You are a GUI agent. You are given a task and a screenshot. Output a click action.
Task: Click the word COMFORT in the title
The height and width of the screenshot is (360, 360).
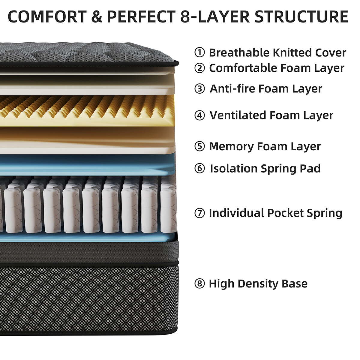coord(47,17)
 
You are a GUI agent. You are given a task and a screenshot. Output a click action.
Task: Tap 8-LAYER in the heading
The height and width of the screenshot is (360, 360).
coord(215,17)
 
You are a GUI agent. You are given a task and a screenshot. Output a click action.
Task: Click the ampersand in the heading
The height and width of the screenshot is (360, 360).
coord(96,17)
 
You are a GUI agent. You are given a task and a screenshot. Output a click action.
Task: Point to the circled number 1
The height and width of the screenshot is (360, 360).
coord(199,52)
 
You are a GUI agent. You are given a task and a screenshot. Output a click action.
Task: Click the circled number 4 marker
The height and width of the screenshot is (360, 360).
coord(199,115)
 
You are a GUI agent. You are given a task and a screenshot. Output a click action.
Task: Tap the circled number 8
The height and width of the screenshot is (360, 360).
coord(199,283)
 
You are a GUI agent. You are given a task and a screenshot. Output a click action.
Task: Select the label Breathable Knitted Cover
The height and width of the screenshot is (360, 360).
coord(277,52)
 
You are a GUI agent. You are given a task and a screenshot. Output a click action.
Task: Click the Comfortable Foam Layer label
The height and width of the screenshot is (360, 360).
coord(276,68)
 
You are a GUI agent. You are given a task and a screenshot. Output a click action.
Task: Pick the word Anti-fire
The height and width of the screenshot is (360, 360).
coord(232,88)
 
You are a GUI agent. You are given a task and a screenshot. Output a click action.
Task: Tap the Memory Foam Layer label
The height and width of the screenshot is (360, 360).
coord(265,146)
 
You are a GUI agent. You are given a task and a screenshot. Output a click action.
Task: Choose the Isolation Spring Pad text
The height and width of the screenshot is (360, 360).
coord(265,168)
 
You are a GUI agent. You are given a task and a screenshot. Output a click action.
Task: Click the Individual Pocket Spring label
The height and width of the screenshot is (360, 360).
coord(275,213)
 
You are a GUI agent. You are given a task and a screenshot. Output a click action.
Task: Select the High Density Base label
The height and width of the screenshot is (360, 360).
coord(258,283)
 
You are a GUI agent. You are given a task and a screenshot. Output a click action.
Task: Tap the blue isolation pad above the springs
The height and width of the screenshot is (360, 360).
coord(90,165)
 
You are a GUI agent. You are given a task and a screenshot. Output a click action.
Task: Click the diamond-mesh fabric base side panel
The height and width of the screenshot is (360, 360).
coord(90,297)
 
